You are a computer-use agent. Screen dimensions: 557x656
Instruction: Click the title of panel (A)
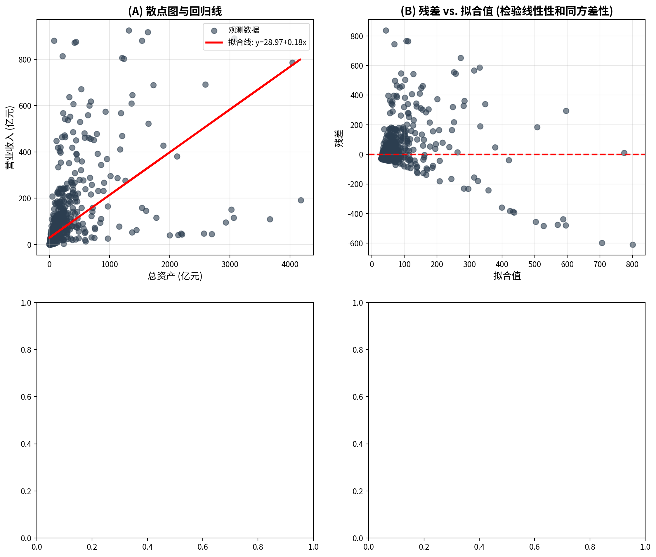coord(175,11)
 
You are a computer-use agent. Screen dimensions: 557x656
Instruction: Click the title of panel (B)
coord(506,11)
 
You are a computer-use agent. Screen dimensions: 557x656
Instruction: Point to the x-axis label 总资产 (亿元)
coord(175,276)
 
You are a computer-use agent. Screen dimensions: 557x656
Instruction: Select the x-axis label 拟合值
coord(507,276)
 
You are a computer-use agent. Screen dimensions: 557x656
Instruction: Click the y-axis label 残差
coord(339,138)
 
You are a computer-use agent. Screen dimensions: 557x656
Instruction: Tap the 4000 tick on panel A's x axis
coord(290,264)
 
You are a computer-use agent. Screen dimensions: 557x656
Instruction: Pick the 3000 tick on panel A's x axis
coord(229,264)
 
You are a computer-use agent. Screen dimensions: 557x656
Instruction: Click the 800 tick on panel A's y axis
coord(25,60)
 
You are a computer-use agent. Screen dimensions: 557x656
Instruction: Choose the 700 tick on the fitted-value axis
coord(600,264)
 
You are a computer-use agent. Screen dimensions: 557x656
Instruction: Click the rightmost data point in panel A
coord(301,200)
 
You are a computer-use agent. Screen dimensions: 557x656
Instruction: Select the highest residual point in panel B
coord(386,31)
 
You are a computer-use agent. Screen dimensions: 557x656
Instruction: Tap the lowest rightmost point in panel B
coord(632,245)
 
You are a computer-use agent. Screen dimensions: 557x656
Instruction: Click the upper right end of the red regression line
coord(300,59)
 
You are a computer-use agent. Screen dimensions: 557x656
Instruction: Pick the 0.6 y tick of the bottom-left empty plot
coord(26,397)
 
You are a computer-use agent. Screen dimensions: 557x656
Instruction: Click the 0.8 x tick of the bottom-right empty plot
coord(590,547)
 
